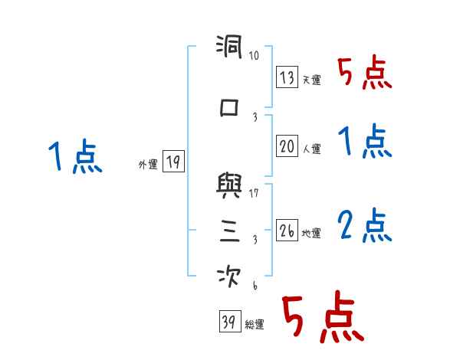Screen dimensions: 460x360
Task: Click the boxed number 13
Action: [287, 77]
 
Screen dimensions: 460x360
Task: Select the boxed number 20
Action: [287, 147]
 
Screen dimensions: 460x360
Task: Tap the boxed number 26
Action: [287, 230]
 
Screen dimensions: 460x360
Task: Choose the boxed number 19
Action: [173, 161]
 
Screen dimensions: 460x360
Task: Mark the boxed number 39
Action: [228, 322]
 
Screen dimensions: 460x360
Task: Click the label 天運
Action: [311, 80]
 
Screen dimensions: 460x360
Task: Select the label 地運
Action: [311, 233]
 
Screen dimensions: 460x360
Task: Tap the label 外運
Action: [147, 163]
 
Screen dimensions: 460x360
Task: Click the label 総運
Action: [254, 325]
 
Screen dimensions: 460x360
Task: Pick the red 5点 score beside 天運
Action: [364, 73]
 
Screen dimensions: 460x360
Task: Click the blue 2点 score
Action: [364, 225]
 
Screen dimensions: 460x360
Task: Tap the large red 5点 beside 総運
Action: [322, 319]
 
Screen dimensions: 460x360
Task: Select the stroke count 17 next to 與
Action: [254, 192]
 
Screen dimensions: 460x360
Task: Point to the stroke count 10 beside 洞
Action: [254, 55]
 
